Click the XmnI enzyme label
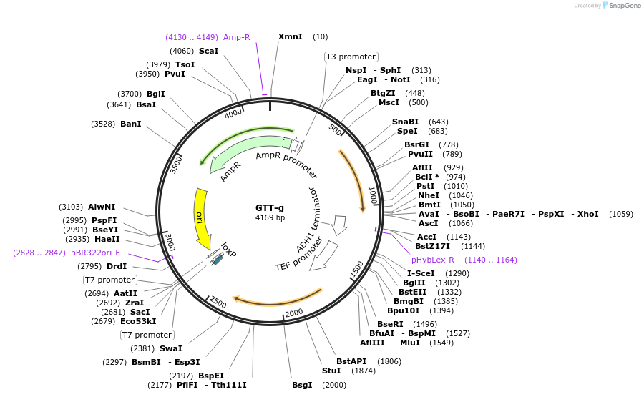click(291, 36)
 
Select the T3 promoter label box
click(351, 57)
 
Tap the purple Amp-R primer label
click(236, 37)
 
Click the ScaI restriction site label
click(208, 51)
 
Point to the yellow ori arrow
click(200, 215)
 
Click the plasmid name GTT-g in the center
click(270, 208)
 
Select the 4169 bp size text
click(270, 217)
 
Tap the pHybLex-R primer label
click(433, 260)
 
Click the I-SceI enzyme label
click(421, 273)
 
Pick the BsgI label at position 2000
click(302, 385)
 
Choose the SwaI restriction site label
click(170, 348)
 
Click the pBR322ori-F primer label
click(95, 253)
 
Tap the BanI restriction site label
click(130, 124)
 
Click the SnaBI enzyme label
click(405, 122)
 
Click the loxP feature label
click(228, 249)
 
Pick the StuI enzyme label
click(331, 371)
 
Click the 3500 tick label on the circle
click(176, 164)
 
